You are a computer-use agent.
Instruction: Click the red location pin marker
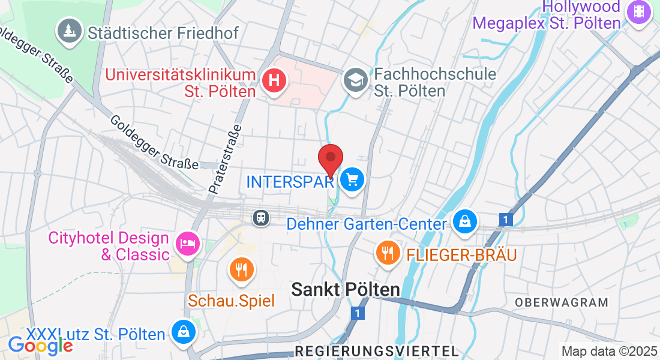click(330, 159)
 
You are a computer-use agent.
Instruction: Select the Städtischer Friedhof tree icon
click(70, 30)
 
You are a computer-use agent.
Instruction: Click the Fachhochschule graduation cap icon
click(356, 80)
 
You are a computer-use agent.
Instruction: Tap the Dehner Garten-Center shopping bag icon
click(464, 222)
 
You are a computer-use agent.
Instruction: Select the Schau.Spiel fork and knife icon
click(242, 269)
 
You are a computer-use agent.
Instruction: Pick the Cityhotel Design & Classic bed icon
click(187, 244)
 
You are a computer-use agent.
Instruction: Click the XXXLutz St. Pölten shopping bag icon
click(182, 332)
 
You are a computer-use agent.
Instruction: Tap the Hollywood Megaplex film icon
click(638, 12)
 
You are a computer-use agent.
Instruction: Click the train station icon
click(261, 217)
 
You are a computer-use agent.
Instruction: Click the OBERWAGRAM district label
click(562, 302)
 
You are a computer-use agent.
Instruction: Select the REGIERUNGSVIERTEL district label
click(377, 350)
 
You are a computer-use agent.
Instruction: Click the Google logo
click(40, 345)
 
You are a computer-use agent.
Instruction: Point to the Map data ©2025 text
click(608, 351)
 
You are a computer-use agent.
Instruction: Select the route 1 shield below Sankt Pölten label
click(358, 313)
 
